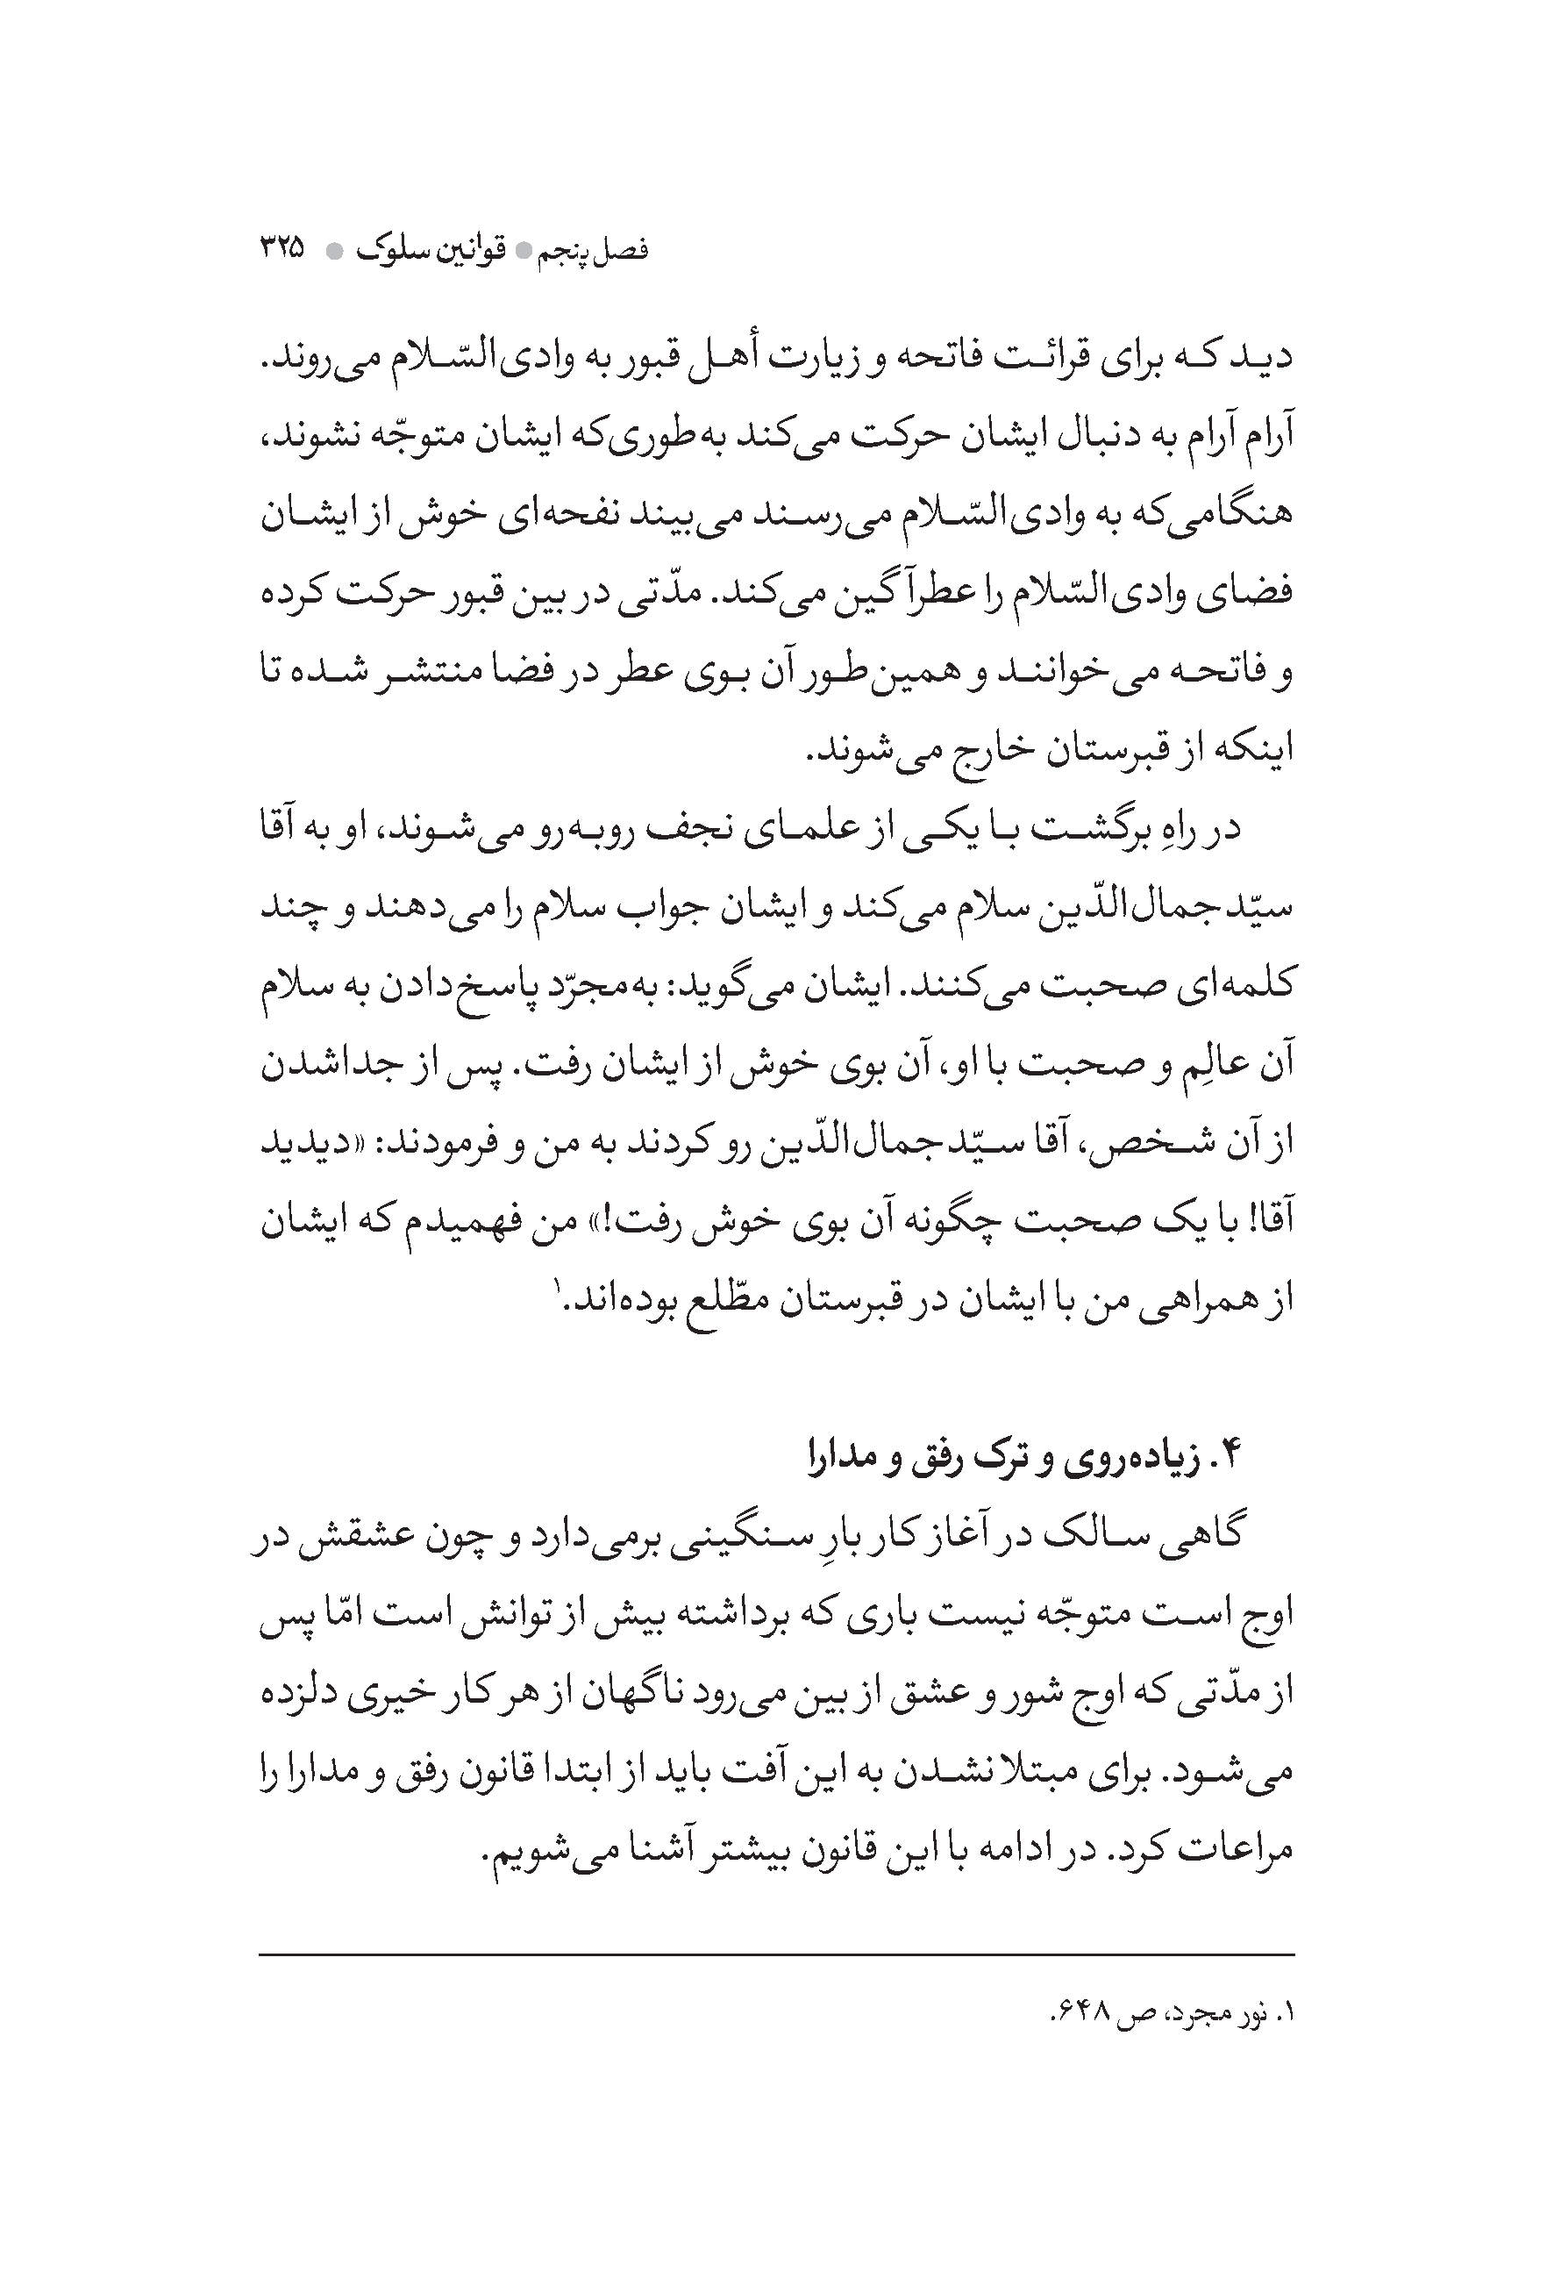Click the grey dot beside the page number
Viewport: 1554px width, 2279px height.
click(x=333, y=252)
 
